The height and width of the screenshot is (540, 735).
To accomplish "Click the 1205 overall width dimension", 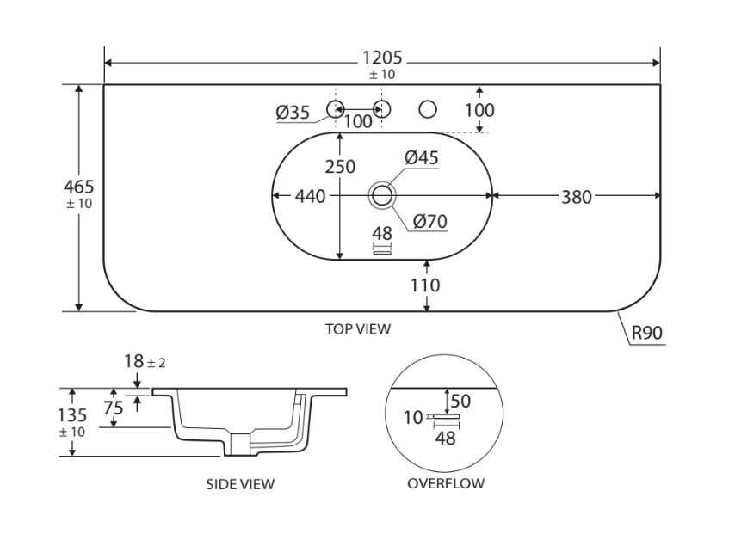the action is [382, 58].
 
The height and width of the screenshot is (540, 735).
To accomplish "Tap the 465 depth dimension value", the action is [79, 187].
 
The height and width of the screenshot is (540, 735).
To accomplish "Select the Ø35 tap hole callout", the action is [293, 113].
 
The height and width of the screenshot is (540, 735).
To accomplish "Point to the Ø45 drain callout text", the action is [422, 157].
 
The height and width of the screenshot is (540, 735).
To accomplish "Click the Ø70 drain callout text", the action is [429, 221].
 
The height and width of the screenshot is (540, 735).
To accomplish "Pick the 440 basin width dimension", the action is [310, 196].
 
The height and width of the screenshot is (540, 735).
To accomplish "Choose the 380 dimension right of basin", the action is [577, 197].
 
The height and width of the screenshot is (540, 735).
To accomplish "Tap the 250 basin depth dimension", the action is [340, 166].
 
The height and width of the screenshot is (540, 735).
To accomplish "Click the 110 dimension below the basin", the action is [425, 285].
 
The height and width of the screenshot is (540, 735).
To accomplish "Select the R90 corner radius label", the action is [647, 333].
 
